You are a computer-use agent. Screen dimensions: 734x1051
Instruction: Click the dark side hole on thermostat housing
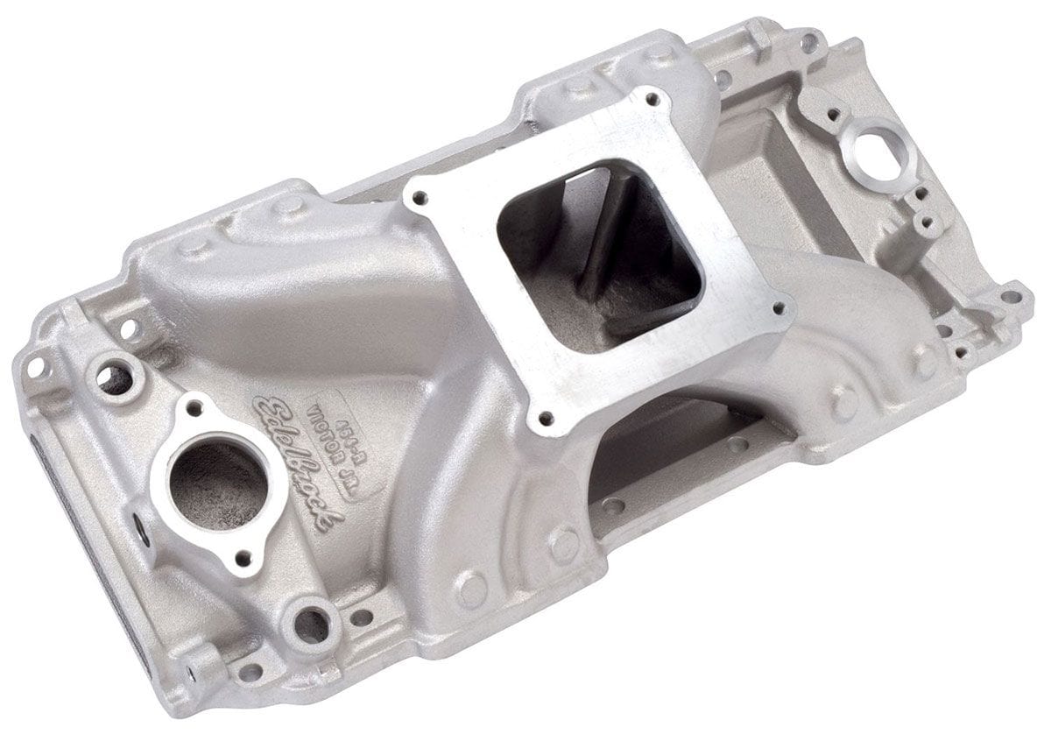click(140, 532)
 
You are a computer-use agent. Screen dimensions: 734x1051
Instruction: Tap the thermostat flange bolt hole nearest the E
click(194, 406)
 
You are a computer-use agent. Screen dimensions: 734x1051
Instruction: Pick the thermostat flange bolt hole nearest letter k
click(246, 555)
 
